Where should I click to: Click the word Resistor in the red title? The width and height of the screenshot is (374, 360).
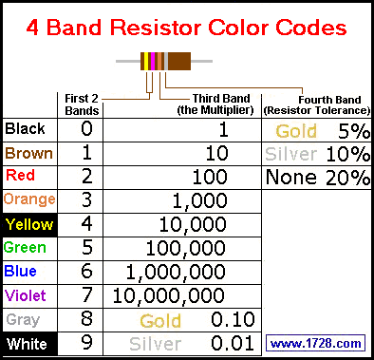(156, 28)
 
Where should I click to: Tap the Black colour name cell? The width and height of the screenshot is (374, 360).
(30, 130)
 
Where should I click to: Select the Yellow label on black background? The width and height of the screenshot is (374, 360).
(30, 225)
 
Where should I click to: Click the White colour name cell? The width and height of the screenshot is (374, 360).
(30, 344)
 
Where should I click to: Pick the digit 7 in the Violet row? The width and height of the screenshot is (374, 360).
(86, 295)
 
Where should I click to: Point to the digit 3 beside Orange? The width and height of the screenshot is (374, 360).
(86, 200)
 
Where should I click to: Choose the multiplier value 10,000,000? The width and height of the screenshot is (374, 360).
(169, 295)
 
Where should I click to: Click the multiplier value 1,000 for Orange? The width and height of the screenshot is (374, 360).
(200, 200)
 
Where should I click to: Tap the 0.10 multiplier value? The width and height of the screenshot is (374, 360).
(233, 319)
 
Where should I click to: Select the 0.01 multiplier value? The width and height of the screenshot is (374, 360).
(233, 343)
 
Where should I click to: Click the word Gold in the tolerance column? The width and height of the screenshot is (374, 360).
(296, 131)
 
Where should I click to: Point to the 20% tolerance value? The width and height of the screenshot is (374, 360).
(347, 178)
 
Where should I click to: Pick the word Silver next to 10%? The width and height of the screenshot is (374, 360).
(291, 154)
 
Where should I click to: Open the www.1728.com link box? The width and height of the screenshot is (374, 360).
(315, 343)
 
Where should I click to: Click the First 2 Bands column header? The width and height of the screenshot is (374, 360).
(82, 104)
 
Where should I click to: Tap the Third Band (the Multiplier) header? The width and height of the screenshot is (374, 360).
(215, 104)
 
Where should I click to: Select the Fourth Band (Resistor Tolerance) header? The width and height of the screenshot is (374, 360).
(317, 105)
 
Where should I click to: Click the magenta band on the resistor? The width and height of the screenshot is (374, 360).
(153, 61)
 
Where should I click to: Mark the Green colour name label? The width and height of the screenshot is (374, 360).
(25, 248)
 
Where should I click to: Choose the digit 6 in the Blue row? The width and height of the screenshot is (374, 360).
(86, 272)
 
